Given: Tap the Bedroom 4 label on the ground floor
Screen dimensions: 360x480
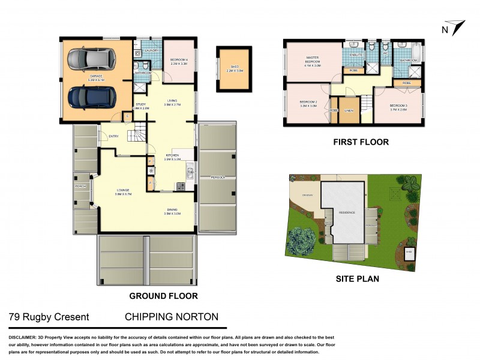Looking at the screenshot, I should [179, 61].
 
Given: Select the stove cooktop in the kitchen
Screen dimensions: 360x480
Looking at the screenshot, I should [179, 187].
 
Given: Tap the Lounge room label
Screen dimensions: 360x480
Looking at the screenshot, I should [124, 193].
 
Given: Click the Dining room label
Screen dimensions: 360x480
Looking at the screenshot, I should [172, 211].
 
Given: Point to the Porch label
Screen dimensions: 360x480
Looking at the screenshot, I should [80, 187].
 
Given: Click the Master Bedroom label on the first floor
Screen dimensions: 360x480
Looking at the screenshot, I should [313, 61].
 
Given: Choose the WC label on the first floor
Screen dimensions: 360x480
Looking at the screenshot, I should [387, 53].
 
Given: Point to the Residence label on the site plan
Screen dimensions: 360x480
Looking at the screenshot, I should [347, 212].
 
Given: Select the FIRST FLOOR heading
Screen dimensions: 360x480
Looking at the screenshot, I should [361, 142].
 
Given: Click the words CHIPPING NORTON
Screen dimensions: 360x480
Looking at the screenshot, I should [172, 317].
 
